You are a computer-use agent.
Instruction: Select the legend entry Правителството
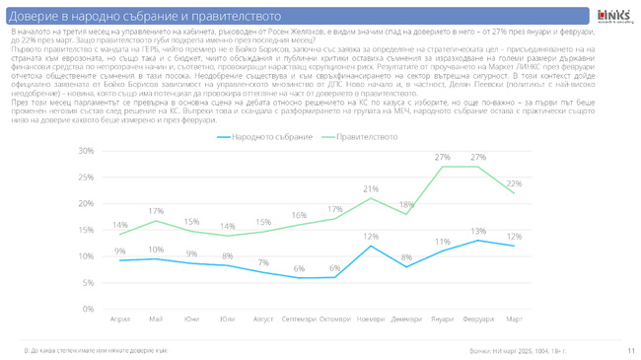click(x=367, y=135)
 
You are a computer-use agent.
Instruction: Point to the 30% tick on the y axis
click(x=86, y=151)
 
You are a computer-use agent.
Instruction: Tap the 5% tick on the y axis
click(x=88, y=283)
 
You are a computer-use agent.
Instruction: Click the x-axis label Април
click(x=119, y=319)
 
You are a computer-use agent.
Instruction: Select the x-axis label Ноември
click(x=371, y=319)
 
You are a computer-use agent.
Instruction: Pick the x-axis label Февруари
click(x=478, y=319)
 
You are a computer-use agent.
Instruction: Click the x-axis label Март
click(x=514, y=319)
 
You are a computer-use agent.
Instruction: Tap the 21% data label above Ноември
click(x=371, y=188)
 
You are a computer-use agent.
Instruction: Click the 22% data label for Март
click(x=514, y=183)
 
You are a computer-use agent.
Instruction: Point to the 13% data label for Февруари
click(x=478, y=231)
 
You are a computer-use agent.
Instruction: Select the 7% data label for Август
click(x=263, y=262)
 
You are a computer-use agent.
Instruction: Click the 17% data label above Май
click(x=156, y=210)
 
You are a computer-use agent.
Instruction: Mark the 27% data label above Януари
click(x=442, y=157)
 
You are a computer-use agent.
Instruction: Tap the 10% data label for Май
click(x=156, y=248)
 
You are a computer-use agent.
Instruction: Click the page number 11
click(x=629, y=350)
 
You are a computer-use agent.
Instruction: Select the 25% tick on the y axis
click(x=86, y=178)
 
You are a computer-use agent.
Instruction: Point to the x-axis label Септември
click(x=299, y=319)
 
